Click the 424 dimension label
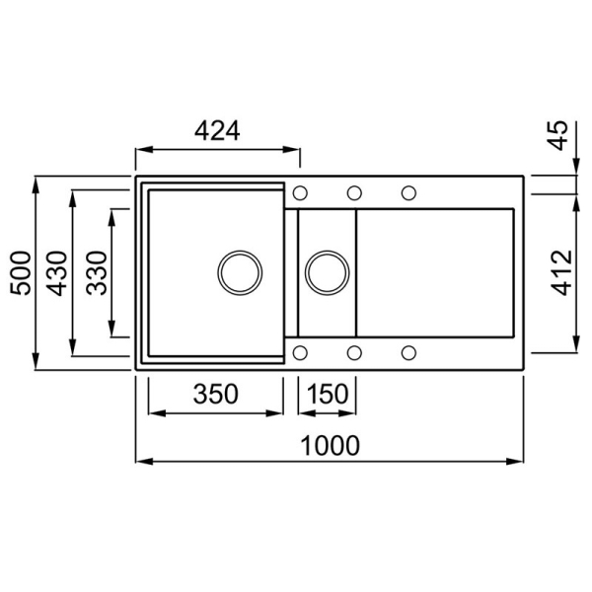[217, 130]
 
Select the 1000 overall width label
[330, 446]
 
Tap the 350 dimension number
[215, 394]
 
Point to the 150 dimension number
[327, 394]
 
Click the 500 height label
[21, 273]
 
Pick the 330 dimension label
[97, 273]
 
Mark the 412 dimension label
[561, 273]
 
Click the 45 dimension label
[557, 135]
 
